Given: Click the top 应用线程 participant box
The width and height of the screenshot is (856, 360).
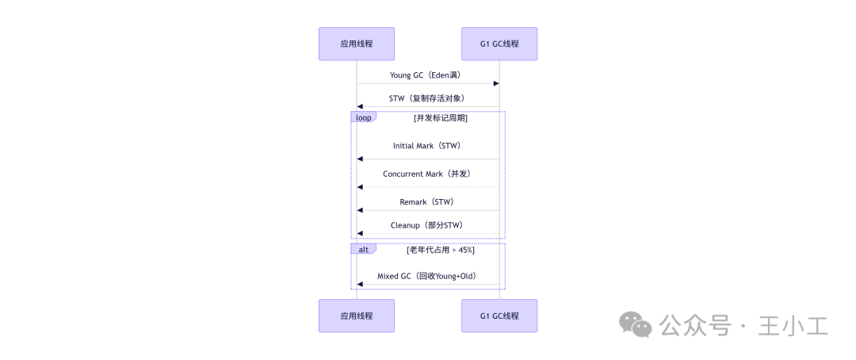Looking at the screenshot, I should pos(356,44).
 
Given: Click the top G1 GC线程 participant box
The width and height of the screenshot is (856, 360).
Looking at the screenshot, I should pos(499,44).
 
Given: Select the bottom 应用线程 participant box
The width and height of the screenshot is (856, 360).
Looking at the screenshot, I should pos(356,316).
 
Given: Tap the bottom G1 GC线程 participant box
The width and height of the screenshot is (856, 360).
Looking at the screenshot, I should pos(499,316).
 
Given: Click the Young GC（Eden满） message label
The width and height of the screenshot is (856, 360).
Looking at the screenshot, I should pos(426,75).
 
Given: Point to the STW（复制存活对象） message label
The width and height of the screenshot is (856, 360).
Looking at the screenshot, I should pos(426,98).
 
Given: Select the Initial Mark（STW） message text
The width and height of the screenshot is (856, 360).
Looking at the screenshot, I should pos(426,146).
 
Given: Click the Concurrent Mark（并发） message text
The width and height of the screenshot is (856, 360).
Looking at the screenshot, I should pos(426,174).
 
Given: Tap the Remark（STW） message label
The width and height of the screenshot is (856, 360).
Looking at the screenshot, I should pos(426,201).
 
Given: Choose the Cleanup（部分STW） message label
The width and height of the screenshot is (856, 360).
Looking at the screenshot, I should pos(426,225).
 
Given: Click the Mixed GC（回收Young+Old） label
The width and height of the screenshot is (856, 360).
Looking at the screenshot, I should pos(426,276).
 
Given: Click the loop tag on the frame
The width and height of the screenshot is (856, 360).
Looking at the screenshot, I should pos(363,117).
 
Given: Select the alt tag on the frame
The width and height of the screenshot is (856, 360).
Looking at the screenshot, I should pos(363,249).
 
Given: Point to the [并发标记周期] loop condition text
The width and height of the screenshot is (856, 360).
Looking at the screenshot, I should pos(441,118).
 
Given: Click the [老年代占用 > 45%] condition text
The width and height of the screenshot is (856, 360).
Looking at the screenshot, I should pos(441,250).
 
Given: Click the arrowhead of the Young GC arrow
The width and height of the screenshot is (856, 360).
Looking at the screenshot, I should pos(496,83).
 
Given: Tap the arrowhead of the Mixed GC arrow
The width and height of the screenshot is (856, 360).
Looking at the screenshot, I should pos(360,284).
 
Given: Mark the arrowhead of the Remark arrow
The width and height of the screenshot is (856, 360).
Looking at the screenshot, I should pos(360,210).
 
